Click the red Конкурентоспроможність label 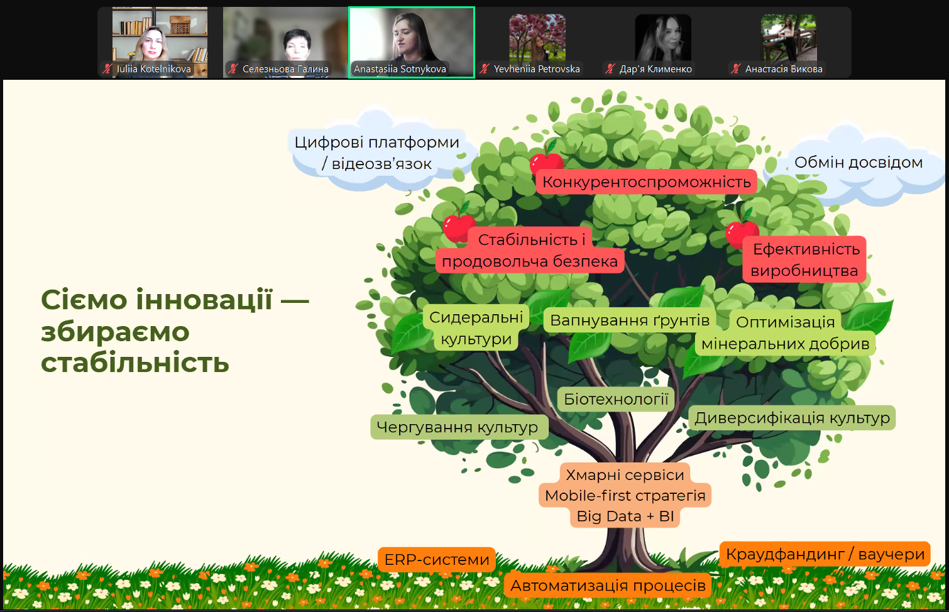click(646, 182)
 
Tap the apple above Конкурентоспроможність click(546, 161)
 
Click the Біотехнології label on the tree click(616, 399)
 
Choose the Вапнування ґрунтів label click(630, 320)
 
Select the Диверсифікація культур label click(792, 418)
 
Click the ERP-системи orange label click(437, 559)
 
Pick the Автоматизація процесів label click(608, 586)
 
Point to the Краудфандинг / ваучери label click(825, 554)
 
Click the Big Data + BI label click(625, 516)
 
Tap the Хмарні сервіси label click(625, 475)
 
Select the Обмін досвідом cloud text click(858, 162)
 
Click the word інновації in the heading click(204, 300)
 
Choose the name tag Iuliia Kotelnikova click(154, 68)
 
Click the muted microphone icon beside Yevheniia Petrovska click(485, 68)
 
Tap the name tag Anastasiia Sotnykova click(400, 68)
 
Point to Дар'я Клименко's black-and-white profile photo click(663, 38)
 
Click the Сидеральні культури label click(476, 328)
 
